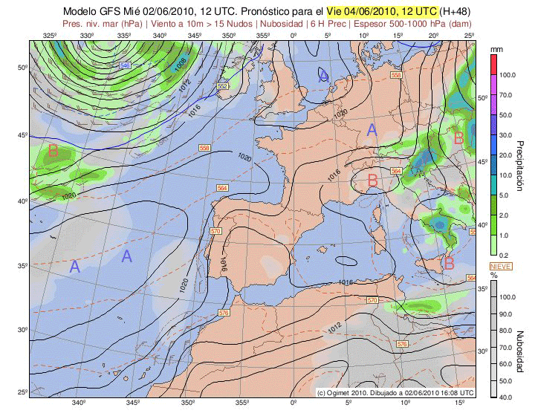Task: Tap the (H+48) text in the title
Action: pyautogui.click(x=458, y=11)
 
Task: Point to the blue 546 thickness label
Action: pyautogui.click(x=126, y=66)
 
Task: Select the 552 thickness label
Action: pyautogui.click(x=222, y=87)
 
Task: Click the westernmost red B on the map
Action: pyautogui.click(x=53, y=151)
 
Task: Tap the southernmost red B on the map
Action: pyautogui.click(x=448, y=262)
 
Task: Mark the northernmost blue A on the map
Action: pyautogui.click(x=323, y=76)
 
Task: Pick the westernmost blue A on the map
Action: pyautogui.click(x=74, y=266)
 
